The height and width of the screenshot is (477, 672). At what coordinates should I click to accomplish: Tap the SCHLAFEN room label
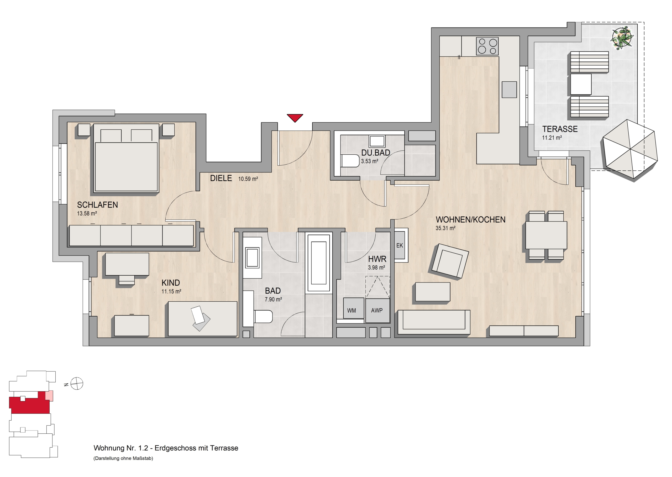(97, 205)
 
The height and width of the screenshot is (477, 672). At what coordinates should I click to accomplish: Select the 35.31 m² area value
(445, 228)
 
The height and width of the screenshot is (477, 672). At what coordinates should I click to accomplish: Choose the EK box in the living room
(400, 245)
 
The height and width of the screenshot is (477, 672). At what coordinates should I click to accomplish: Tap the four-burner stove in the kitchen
(487, 46)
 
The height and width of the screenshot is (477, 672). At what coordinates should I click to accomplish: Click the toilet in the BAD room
(263, 316)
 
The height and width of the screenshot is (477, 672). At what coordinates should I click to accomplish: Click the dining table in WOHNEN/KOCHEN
(546, 235)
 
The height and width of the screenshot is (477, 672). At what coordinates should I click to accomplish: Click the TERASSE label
(560, 129)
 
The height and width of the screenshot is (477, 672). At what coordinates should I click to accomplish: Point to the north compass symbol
(77, 384)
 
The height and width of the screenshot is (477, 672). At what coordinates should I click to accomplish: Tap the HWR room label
(377, 259)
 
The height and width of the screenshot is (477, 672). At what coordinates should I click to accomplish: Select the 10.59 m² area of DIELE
(248, 179)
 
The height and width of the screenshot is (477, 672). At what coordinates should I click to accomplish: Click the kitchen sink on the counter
(509, 90)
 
